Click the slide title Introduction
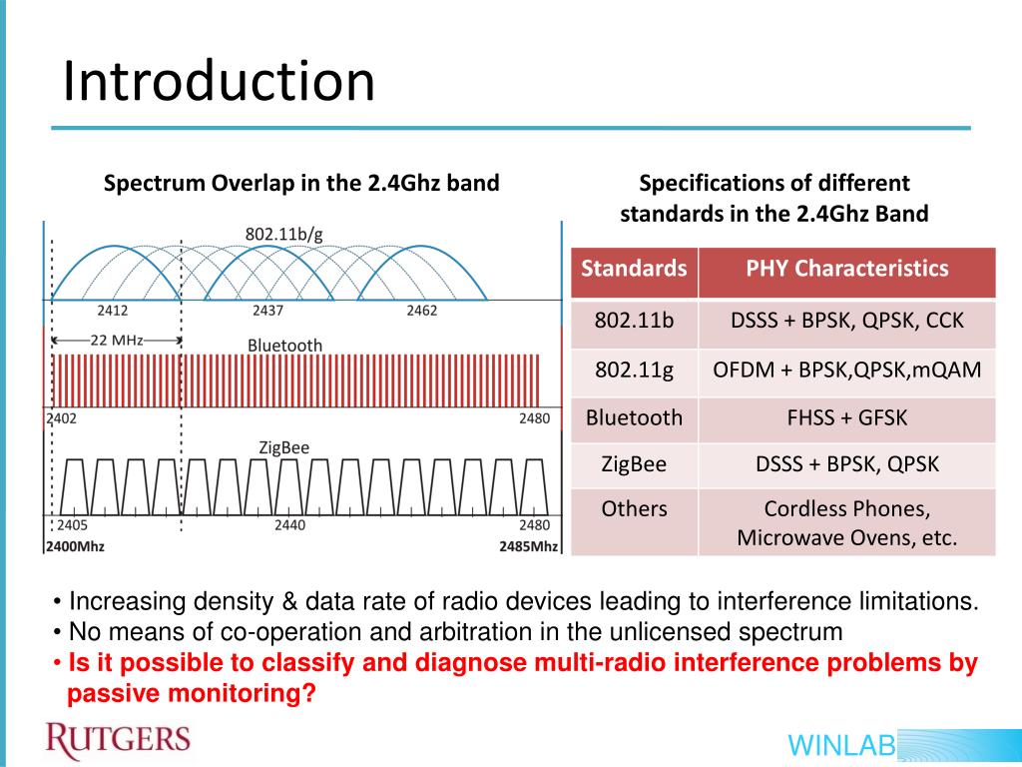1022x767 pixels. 219,82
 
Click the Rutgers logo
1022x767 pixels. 118,740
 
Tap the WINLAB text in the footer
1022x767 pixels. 840,745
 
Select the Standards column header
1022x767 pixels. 634,269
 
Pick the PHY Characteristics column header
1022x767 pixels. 846,269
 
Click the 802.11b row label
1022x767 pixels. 634,322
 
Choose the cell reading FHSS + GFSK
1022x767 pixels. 846,417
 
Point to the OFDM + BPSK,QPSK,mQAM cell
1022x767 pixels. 846,371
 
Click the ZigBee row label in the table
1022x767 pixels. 634,464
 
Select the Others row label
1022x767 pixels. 634,508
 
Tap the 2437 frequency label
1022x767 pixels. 267,311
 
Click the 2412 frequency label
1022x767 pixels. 112,311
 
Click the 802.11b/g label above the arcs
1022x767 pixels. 284,234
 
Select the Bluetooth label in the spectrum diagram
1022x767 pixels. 285,346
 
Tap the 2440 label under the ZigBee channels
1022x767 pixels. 289,525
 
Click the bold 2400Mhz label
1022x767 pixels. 75,546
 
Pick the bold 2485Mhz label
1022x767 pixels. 529,546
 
